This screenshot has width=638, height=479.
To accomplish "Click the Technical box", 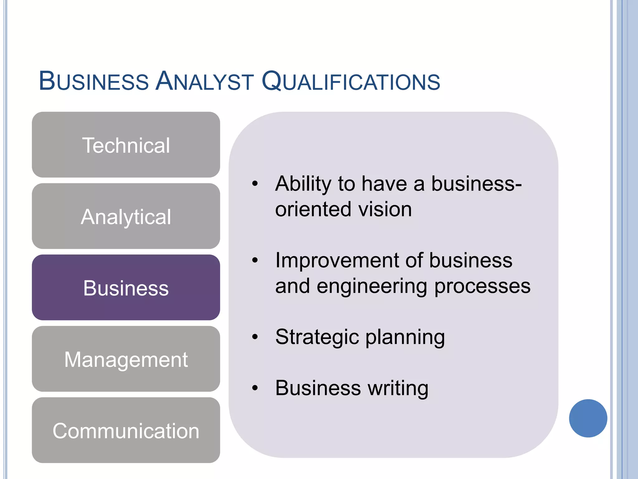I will pos(126,145).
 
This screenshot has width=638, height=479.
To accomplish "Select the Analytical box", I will pos(126,216).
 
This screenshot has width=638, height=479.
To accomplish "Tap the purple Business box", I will pos(126,288).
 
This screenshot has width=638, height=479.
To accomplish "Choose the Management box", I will pos(126,359).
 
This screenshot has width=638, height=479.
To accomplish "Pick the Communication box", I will pos(126,430).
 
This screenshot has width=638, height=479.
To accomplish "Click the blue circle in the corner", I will pos(588,418).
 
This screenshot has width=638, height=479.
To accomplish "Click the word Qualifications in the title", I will pos(351,81).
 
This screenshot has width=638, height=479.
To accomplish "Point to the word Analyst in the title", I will pos(205,81).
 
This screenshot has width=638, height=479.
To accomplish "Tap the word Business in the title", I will pos(94,81).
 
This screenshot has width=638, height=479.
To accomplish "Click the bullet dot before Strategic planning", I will pos(255,337).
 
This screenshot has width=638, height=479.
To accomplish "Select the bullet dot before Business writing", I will pos(255,388).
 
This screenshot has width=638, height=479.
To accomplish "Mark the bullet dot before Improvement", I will pos(255,260).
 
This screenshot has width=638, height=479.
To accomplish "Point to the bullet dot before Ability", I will pos(255,183).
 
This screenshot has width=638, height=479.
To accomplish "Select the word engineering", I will pos(372,286).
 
